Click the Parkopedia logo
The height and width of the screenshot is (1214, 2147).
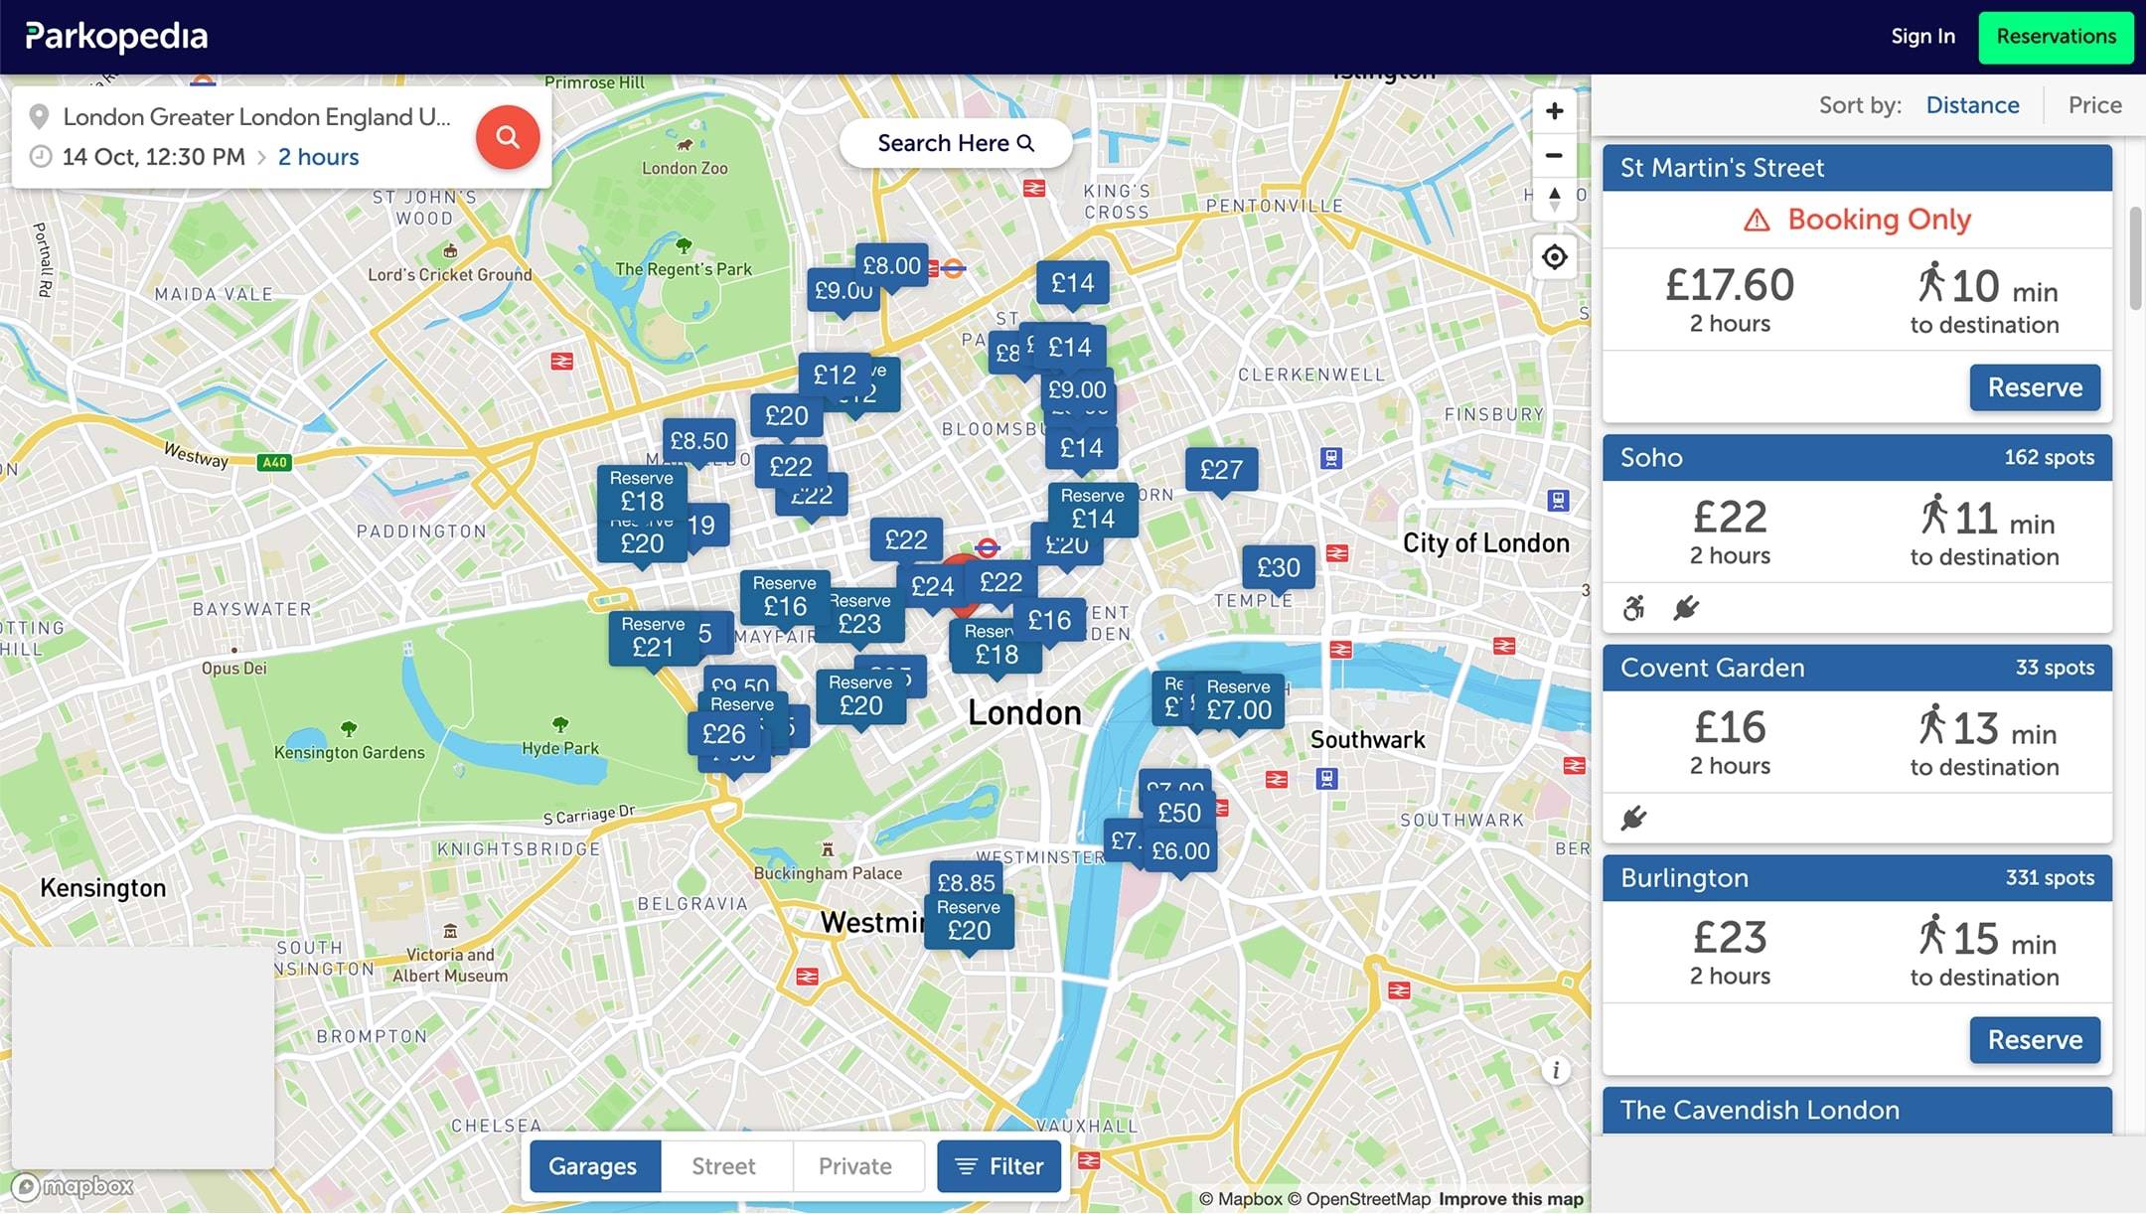tap(116, 37)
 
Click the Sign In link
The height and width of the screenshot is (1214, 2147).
tap(1921, 37)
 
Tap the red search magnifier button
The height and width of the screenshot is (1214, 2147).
tap(507, 137)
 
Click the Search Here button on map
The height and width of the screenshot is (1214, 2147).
tap(955, 144)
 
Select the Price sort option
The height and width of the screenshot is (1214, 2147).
tap(2093, 105)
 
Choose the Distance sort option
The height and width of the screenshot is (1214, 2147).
tap(1971, 105)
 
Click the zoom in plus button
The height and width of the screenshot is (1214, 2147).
tap(1554, 111)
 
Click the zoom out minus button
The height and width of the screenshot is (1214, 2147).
tap(1554, 156)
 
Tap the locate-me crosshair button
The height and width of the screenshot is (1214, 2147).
tap(1554, 257)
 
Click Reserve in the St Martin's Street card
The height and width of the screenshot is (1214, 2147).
tap(2034, 387)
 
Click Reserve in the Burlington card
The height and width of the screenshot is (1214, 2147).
tap(2034, 1040)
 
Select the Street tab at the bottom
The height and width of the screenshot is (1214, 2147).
tap(723, 1166)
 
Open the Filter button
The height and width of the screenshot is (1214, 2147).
tap(998, 1166)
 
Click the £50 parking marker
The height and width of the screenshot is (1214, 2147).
tap(1179, 813)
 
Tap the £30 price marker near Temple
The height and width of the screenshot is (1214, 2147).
tap(1278, 567)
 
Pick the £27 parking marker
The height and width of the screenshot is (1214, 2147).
tap(1221, 469)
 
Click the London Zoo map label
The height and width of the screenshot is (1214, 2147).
tap(685, 168)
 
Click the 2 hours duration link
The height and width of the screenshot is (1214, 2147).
tap(318, 157)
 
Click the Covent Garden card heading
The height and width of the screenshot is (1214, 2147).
tap(1712, 668)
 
